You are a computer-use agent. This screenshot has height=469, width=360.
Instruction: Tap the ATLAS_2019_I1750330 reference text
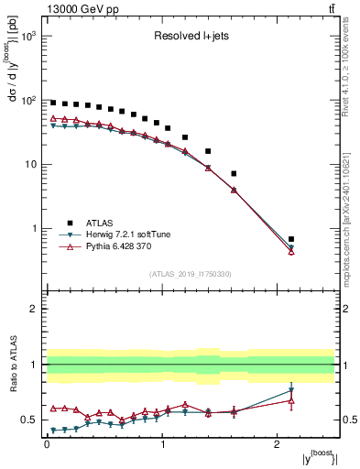click(x=191, y=274)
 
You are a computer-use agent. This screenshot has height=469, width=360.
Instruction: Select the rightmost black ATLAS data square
click(x=291, y=238)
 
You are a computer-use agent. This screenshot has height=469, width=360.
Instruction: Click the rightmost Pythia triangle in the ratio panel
click(x=291, y=400)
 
